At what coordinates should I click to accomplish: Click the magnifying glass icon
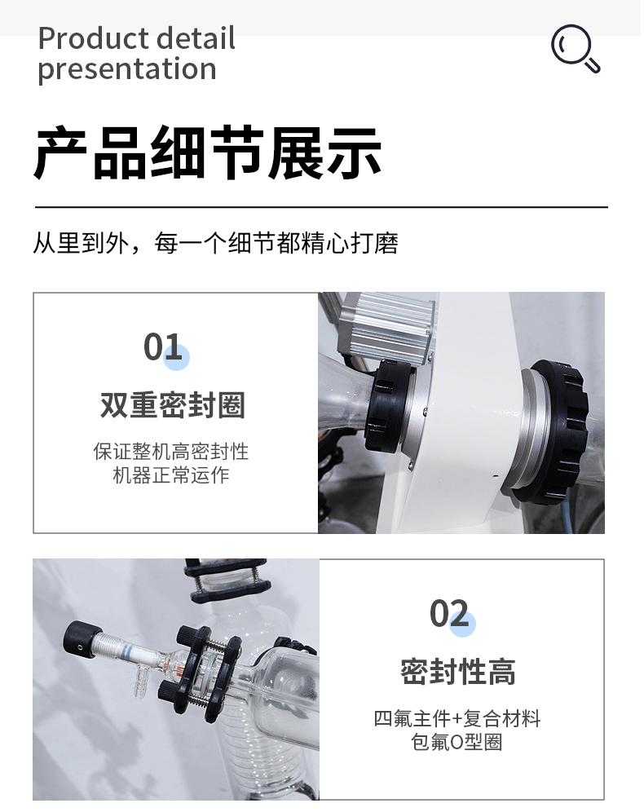click(575, 48)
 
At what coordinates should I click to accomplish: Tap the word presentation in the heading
click(127, 69)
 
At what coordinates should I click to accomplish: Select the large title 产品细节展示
click(208, 152)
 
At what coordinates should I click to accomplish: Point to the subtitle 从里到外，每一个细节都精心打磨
click(215, 243)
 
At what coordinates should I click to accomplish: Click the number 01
click(162, 346)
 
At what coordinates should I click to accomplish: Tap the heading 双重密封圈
click(172, 405)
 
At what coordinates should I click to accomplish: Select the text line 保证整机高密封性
click(171, 452)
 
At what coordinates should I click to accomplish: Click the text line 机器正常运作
click(171, 474)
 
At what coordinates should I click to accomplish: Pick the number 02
click(449, 613)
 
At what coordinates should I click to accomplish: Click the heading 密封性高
click(458, 672)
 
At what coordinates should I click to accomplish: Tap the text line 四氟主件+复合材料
click(457, 719)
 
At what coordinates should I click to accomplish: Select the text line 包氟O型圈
click(457, 742)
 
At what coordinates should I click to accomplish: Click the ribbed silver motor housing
click(386, 324)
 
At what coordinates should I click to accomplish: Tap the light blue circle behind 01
click(177, 357)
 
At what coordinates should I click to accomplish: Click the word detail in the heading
click(196, 38)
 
